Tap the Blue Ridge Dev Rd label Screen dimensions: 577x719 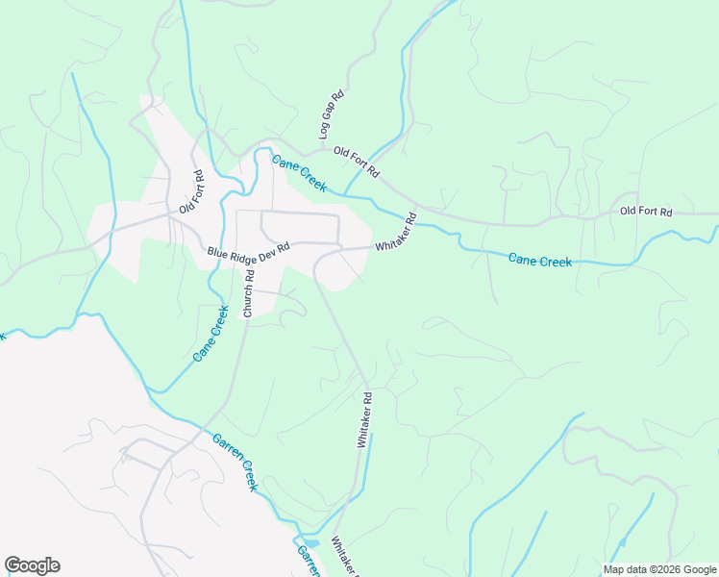tap(248, 252)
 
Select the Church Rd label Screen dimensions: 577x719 tap(248, 293)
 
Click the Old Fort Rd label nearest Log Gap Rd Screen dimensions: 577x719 tap(357, 163)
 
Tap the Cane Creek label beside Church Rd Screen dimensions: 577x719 tap(211, 334)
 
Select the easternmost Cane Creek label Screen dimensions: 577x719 tap(539, 261)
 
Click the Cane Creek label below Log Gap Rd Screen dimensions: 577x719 tap(299, 173)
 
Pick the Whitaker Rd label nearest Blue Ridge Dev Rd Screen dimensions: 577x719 tap(395, 232)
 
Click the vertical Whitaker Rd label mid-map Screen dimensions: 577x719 tap(364, 418)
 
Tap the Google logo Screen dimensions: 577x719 tap(32, 565)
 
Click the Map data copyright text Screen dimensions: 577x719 tap(659, 569)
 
